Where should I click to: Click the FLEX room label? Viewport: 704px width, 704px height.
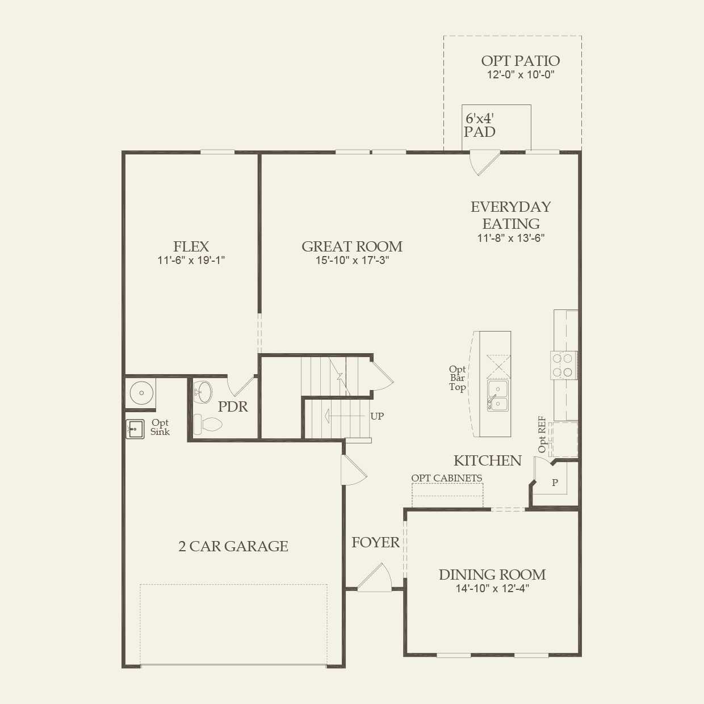click(x=191, y=246)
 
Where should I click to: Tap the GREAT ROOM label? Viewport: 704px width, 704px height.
click(x=351, y=246)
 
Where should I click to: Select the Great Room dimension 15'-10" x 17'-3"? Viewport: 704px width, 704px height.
click(x=352, y=261)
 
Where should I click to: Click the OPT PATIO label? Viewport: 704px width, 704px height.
click(x=520, y=61)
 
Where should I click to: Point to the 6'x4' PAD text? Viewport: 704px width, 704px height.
click(x=480, y=125)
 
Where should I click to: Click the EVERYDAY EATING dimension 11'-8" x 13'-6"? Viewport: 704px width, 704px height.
click(x=510, y=238)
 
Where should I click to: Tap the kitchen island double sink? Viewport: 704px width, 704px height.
click(x=497, y=395)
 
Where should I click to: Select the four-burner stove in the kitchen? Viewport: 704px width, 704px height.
click(x=563, y=365)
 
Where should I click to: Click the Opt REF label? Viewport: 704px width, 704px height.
click(x=542, y=434)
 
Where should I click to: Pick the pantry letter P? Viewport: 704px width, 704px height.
click(x=555, y=483)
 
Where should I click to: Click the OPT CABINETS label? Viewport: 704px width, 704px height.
click(x=446, y=478)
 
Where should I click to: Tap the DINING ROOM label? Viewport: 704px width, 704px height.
click(x=492, y=575)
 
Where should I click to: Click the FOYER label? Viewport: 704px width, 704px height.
click(x=375, y=542)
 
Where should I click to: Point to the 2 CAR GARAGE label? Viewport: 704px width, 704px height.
click(x=233, y=546)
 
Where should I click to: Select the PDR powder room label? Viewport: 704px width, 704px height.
click(x=233, y=407)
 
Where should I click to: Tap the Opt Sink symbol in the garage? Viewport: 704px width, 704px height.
click(x=135, y=429)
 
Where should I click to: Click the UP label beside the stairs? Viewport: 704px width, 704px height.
click(x=377, y=416)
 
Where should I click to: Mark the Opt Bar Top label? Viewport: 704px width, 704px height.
click(x=457, y=378)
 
